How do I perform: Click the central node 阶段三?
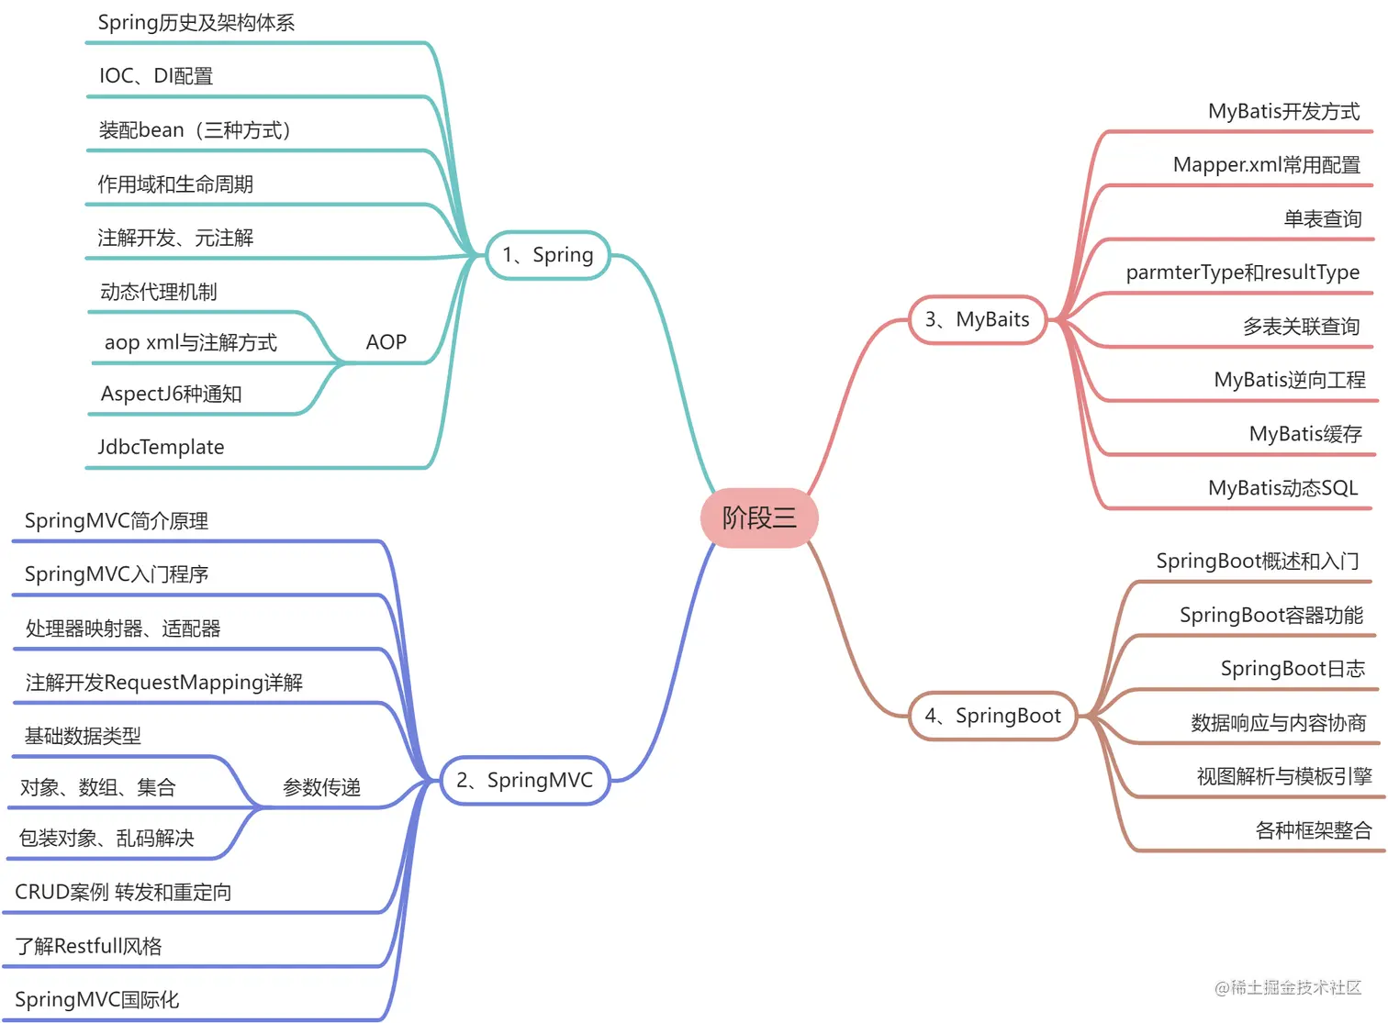coord(759,517)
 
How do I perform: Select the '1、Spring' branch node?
coord(547,255)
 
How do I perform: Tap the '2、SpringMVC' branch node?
coord(525,781)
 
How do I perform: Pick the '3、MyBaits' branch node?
coord(978,319)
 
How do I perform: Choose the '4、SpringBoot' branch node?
coord(992,716)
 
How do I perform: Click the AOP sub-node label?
coord(386,342)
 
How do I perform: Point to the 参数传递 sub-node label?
coord(321,787)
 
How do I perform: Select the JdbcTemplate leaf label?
coord(161,447)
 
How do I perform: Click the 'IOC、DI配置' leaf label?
coord(156,76)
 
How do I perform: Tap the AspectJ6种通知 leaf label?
coord(171,394)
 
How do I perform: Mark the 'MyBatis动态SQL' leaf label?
coord(1282,488)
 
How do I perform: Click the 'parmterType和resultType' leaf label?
coord(1242,272)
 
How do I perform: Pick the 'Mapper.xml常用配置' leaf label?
coord(1266,165)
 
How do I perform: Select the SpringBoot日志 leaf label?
coord(1293,669)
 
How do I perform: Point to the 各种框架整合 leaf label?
coord(1313,831)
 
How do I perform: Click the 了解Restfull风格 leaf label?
coord(88,946)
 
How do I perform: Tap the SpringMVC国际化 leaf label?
coord(96,1000)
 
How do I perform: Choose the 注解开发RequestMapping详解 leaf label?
coord(163,683)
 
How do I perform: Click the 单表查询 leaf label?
coord(1322,219)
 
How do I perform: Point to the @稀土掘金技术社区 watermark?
coord(1287,987)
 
